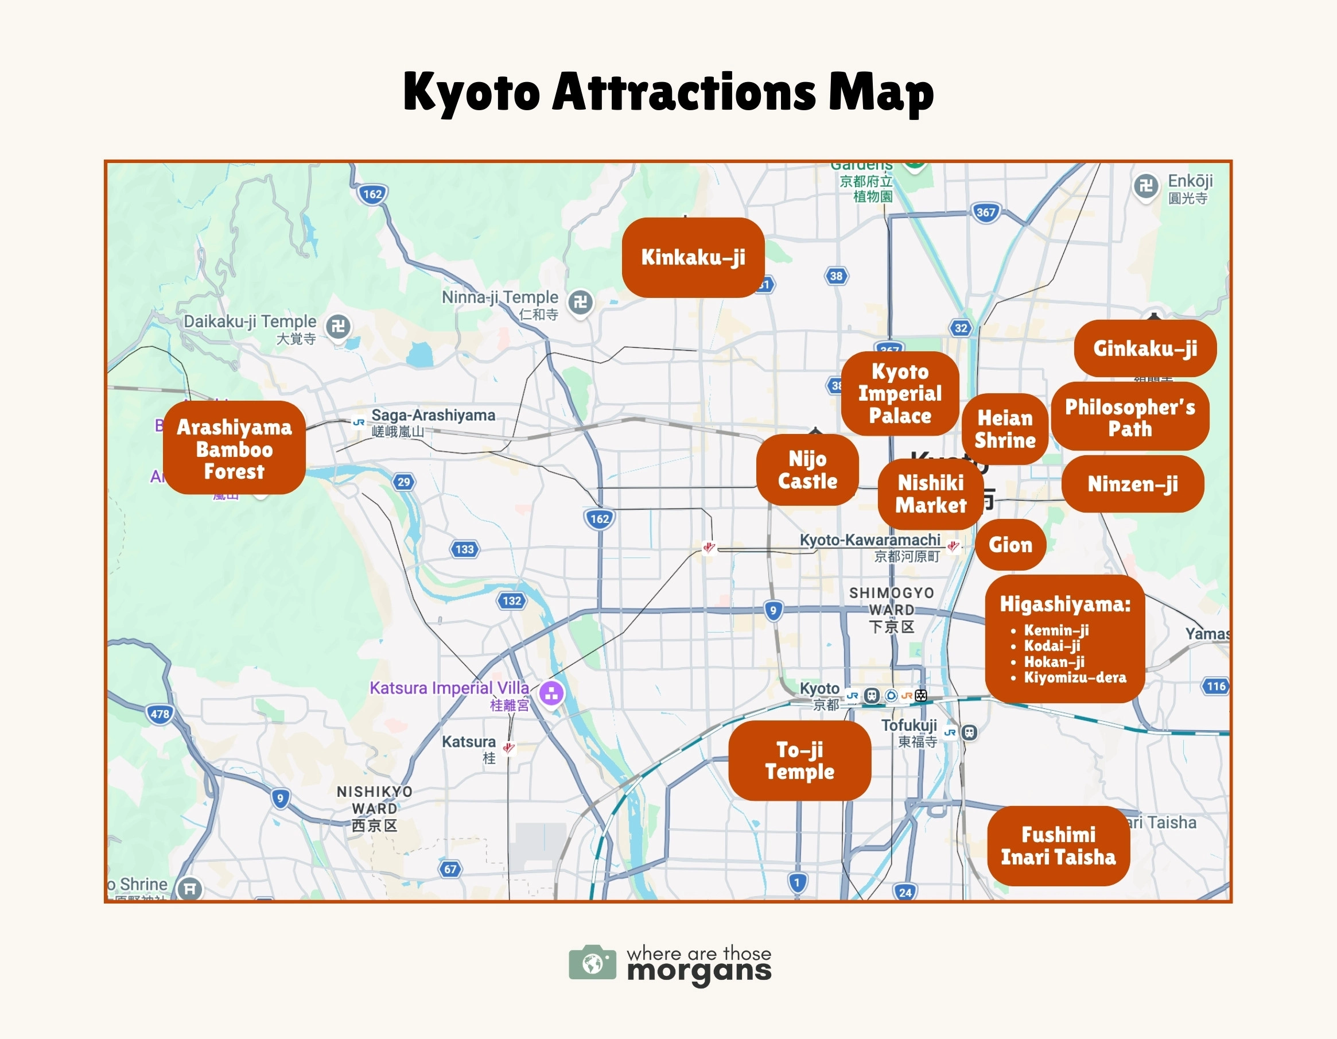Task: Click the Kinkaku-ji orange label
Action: click(x=693, y=257)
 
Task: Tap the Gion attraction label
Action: click(x=1010, y=544)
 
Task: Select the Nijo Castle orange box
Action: click(x=807, y=470)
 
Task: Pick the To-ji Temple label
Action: click(x=799, y=760)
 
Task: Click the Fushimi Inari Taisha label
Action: click(x=1058, y=846)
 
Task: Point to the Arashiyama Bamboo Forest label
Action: click(x=234, y=448)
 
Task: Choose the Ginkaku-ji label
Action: click(x=1145, y=348)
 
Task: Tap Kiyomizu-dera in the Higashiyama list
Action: click(x=1074, y=677)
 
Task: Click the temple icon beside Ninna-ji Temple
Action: click(x=580, y=301)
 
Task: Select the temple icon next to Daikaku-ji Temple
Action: click(x=338, y=325)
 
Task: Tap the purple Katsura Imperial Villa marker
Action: click(x=551, y=693)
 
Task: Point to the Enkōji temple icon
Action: click(x=1146, y=185)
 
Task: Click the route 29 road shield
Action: click(x=403, y=482)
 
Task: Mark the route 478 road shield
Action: click(x=160, y=714)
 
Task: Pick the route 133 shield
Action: click(x=465, y=549)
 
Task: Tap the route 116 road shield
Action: click(x=1216, y=686)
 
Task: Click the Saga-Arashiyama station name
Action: click(x=433, y=415)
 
